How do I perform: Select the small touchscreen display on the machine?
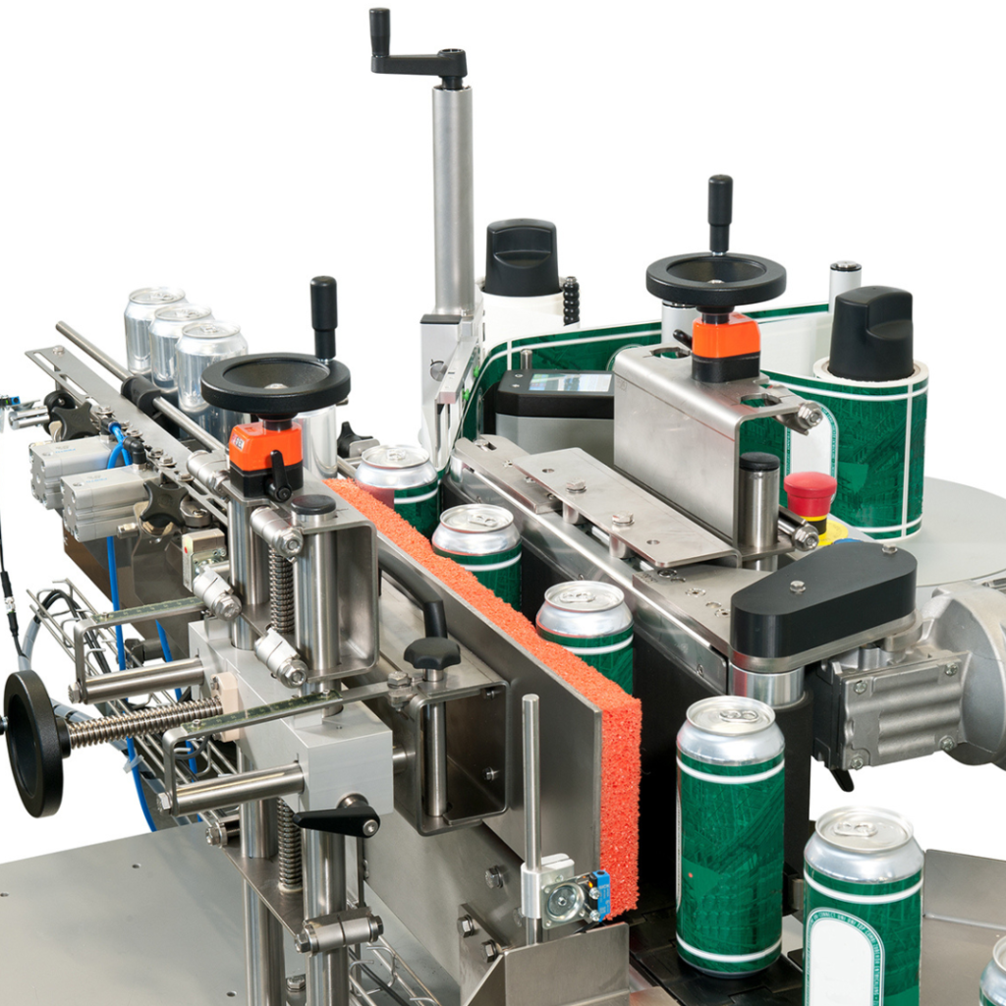569,383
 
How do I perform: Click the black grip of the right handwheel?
720,212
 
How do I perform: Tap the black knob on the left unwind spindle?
521,257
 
